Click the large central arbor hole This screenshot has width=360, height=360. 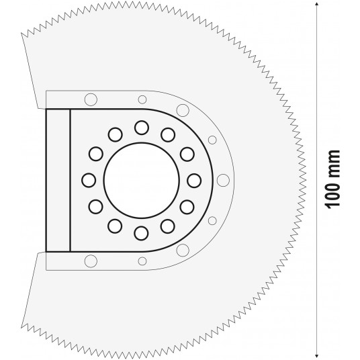pyautogui.click(x=142, y=179)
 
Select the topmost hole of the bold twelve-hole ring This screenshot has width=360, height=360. pyautogui.click(x=142, y=126)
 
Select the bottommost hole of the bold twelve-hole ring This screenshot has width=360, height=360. pyautogui.click(x=142, y=232)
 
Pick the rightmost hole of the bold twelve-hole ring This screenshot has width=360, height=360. pyautogui.click(x=195, y=179)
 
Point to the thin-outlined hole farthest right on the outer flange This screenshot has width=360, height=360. pyautogui.click(x=223, y=179)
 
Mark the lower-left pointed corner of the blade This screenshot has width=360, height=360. pyautogui.click(x=22, y=328)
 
